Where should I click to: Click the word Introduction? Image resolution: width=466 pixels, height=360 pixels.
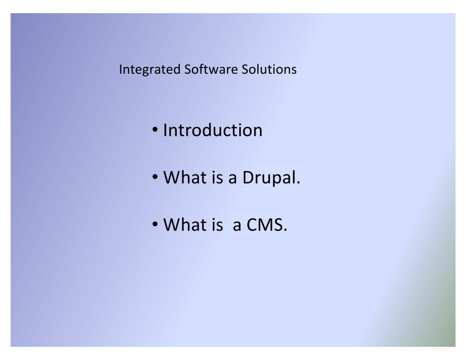[x=213, y=130]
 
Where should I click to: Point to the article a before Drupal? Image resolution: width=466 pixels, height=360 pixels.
[x=233, y=178]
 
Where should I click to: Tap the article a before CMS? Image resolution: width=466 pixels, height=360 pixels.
[x=237, y=225]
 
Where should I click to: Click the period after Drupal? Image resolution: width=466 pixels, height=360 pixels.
[x=298, y=183]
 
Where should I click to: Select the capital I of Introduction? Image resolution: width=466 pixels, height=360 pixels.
[x=165, y=130]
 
